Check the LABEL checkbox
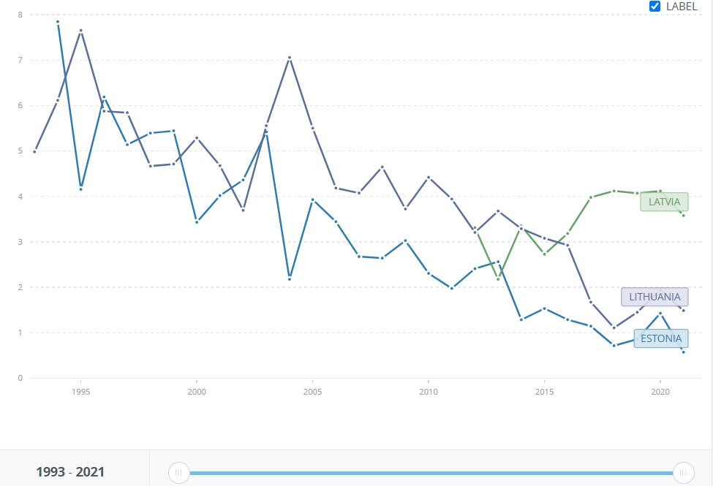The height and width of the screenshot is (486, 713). [x=655, y=7]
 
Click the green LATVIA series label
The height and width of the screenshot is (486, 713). [x=664, y=202]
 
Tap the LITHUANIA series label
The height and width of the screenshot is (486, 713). [x=654, y=297]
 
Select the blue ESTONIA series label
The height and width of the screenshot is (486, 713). [x=661, y=338]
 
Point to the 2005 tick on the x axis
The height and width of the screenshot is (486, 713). [x=312, y=392]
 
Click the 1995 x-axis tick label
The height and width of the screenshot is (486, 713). [x=81, y=392]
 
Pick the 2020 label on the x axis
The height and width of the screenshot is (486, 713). [x=660, y=392]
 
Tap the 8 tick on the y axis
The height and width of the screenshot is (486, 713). [x=20, y=15]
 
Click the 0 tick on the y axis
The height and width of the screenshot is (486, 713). [x=20, y=378]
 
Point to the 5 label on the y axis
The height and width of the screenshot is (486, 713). [x=20, y=151]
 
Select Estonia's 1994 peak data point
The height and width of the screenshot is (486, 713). [x=58, y=22]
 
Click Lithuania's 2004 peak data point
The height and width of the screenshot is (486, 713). [x=290, y=58]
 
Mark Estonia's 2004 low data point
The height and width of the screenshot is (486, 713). [x=290, y=278]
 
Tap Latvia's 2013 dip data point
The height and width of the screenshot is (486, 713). [x=498, y=279]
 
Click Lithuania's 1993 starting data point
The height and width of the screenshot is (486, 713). [x=34, y=151]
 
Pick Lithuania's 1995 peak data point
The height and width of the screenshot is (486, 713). [x=81, y=31]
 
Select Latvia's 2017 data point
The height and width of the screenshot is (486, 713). [x=591, y=197]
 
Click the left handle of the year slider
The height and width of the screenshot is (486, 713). [x=179, y=473]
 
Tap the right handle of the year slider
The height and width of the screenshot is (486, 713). [x=684, y=473]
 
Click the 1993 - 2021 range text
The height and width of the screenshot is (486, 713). [x=70, y=472]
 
